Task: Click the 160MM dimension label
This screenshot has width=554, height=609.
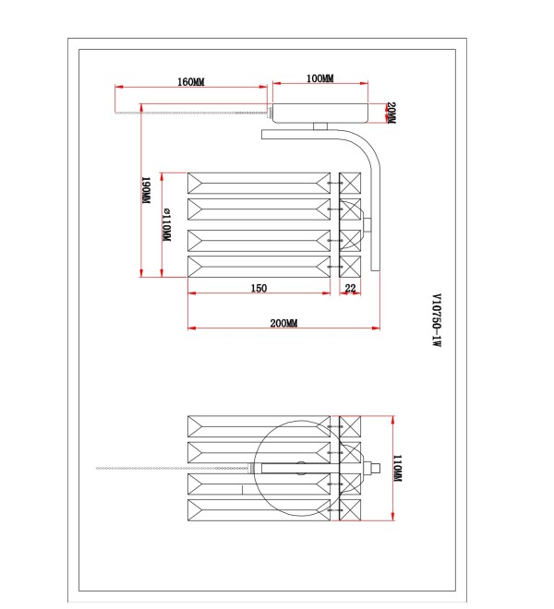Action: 191,82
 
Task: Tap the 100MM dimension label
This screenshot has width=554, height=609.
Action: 320,78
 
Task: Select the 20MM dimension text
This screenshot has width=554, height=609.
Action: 391,113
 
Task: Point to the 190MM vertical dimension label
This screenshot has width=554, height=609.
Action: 146,190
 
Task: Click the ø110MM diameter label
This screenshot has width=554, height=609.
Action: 166,224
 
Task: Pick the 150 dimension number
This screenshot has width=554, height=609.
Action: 259,288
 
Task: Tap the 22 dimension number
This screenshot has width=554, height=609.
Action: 350,288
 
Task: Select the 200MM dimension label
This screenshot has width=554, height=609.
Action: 283,323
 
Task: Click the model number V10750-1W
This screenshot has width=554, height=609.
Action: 437,319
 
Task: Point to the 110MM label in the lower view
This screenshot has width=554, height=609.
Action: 397,469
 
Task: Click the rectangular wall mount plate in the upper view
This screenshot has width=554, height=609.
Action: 320,113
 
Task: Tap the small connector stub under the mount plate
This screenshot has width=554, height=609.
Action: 320,126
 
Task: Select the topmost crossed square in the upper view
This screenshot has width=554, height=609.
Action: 350,183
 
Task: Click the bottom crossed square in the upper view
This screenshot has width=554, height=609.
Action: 350,267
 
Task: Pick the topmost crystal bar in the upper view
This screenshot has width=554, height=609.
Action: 259,183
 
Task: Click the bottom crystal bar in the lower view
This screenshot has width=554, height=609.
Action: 259,510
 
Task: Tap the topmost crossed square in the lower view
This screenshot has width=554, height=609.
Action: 350,426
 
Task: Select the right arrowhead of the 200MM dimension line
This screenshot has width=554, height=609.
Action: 376,328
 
